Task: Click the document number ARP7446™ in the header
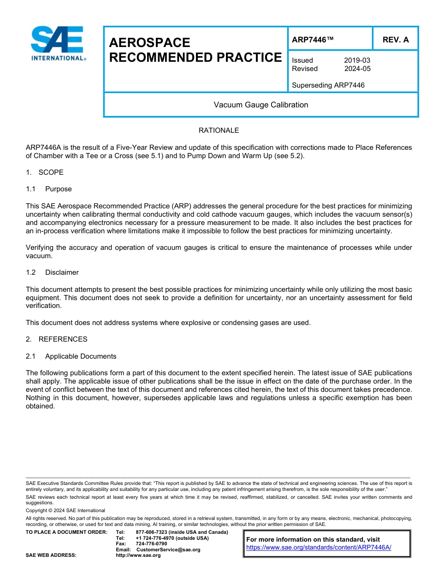click(x=312, y=40)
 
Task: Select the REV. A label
click(x=395, y=40)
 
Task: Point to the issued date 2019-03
click(x=357, y=60)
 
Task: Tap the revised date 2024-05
click(x=357, y=69)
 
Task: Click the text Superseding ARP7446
click(x=328, y=85)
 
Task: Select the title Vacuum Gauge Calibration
click(x=260, y=105)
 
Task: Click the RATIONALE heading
click(x=219, y=130)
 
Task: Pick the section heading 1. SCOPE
click(x=45, y=172)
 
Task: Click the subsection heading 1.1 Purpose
click(x=49, y=189)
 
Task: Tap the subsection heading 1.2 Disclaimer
click(x=52, y=272)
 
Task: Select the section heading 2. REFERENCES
click(x=56, y=339)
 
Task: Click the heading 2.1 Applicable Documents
click(x=71, y=356)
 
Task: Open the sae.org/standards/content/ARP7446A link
click(x=319, y=547)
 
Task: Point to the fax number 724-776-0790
click(x=151, y=544)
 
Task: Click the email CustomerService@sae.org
click(x=168, y=549)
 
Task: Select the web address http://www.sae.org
click(x=138, y=555)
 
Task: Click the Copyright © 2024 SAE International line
click(x=65, y=510)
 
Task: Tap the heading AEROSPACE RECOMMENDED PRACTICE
click(x=195, y=50)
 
